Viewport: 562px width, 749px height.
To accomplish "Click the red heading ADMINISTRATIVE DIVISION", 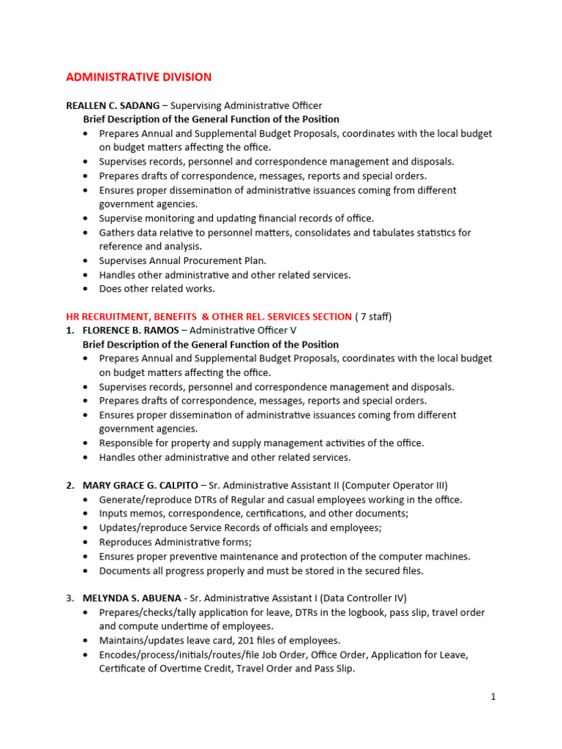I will [138, 77].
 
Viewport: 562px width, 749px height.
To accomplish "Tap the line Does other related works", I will [157, 289].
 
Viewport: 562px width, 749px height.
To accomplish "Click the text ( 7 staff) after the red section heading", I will [373, 317].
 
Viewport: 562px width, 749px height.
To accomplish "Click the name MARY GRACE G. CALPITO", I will [140, 486].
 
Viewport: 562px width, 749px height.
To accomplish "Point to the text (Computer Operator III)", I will [396, 486].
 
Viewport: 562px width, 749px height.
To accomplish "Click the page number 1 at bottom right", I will [493, 697].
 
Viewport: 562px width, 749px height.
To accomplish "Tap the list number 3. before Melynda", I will [70, 598].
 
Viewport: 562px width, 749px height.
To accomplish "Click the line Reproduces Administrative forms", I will [176, 542].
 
